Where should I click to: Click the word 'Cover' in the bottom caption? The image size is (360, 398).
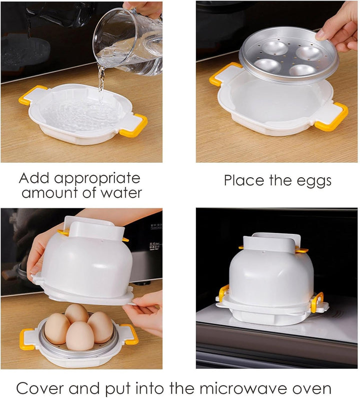40,388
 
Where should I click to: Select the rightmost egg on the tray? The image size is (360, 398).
100,327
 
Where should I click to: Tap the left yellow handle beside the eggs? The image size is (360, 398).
27,339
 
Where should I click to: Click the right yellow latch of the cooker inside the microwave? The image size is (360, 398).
317,302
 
